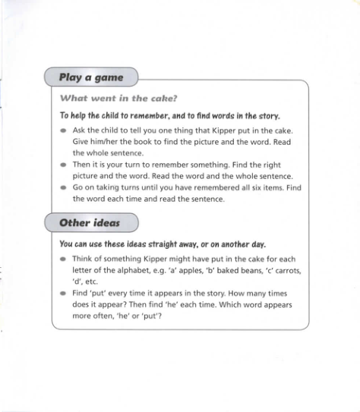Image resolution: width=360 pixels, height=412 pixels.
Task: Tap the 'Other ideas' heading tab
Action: click(90, 223)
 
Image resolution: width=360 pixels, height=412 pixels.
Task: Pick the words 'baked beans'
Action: click(248, 270)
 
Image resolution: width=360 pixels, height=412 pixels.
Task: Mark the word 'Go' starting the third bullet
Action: click(78, 187)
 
